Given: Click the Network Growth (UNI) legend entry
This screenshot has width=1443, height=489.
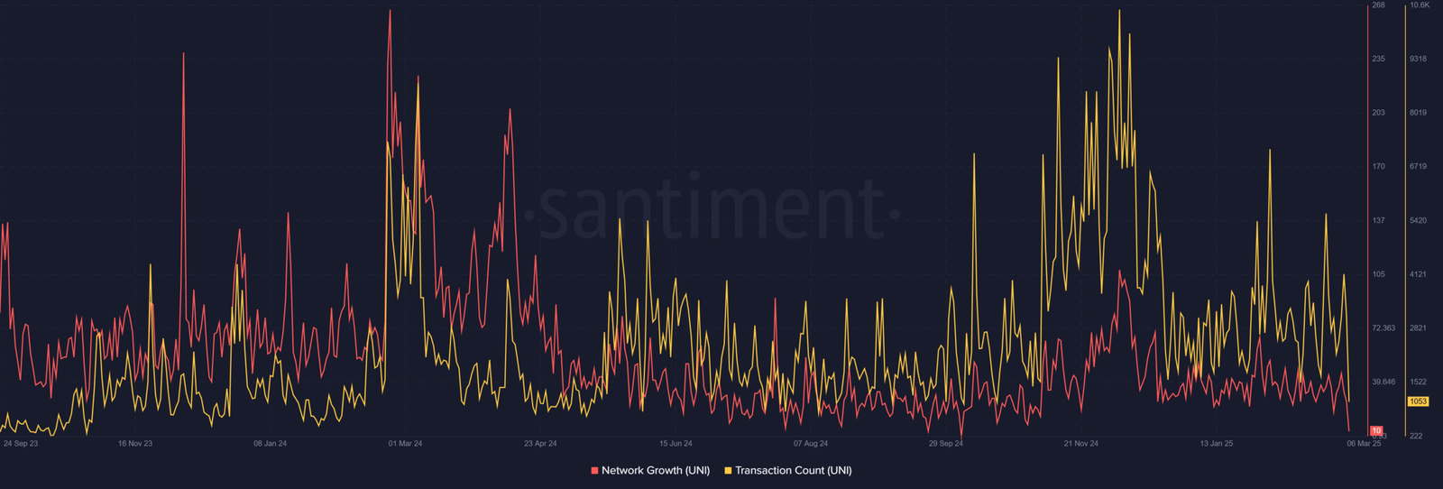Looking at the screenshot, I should point(655,470).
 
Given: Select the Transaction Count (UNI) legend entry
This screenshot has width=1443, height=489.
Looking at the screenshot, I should point(793,470).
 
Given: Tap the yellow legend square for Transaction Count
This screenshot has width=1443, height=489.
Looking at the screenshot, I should point(728,471).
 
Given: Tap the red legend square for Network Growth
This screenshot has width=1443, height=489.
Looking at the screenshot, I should point(594,471).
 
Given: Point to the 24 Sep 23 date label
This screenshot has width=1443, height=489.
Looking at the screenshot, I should point(21,444).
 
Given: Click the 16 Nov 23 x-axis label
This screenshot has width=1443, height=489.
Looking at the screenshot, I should point(135,444).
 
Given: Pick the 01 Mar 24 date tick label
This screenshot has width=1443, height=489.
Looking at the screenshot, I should point(405,444).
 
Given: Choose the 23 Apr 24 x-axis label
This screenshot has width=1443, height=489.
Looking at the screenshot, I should point(540,444).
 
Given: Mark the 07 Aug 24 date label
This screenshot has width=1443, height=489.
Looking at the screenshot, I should point(811,444).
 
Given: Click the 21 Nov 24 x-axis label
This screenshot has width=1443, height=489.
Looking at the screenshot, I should point(1080,444).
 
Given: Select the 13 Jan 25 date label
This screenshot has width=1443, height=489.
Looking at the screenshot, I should point(1216,444).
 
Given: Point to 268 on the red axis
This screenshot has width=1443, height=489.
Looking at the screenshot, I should point(1378,5).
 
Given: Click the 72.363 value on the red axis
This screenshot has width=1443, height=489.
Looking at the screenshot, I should point(1383,328).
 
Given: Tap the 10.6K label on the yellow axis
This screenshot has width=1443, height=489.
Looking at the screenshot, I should point(1420,5).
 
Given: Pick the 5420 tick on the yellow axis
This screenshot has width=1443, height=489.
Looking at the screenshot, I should point(1418,221).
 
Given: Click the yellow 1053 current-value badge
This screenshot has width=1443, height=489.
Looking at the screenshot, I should point(1418,401).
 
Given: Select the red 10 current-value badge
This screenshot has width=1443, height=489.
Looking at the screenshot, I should point(1376,430).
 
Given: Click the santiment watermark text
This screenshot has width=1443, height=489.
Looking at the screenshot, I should point(712,210).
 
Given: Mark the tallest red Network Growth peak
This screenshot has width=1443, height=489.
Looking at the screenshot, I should point(390,12).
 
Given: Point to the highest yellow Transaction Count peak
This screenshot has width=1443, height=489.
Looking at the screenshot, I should point(1119,12).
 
